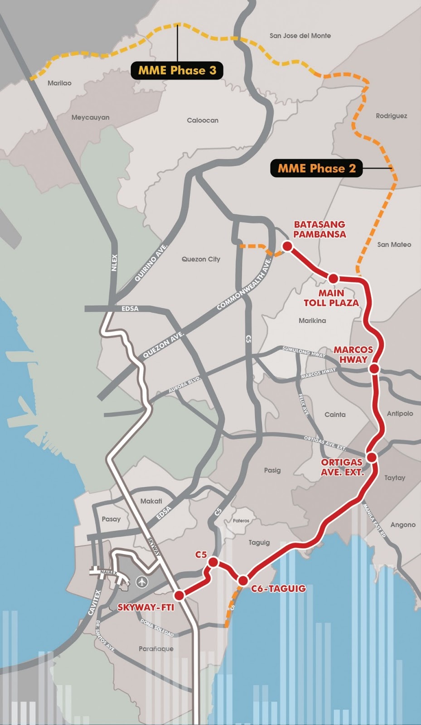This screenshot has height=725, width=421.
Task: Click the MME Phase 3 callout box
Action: [x=177, y=70]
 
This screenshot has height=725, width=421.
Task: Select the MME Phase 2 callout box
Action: [x=316, y=168]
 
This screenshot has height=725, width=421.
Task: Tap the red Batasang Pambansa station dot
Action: [x=287, y=246]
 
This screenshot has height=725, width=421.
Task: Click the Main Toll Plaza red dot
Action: [x=334, y=278]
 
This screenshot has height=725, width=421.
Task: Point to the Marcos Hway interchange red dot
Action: [x=374, y=369]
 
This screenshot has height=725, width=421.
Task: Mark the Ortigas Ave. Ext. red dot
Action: [x=372, y=457]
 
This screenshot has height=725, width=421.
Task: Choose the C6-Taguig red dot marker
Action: [x=243, y=580]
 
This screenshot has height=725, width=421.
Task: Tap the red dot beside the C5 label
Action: [x=213, y=562]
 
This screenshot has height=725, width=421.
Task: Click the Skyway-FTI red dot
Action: [x=179, y=595]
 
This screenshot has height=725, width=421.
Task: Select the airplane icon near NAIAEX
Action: [x=142, y=581]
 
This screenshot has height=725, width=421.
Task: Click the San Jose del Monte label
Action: [x=300, y=35]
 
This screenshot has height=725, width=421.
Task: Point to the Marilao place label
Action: [x=59, y=83]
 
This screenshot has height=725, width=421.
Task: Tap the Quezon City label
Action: [x=201, y=259]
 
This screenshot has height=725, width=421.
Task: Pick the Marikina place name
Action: [x=312, y=320]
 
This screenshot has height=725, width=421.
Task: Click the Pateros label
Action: [x=241, y=521]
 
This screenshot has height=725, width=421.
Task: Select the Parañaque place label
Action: [x=156, y=648]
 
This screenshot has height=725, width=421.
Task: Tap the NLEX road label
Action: [x=114, y=262]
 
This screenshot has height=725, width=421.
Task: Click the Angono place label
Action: [x=403, y=524]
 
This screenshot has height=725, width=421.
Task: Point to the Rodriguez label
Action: [x=391, y=116]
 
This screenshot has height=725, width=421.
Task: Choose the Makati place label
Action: [x=151, y=501]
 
